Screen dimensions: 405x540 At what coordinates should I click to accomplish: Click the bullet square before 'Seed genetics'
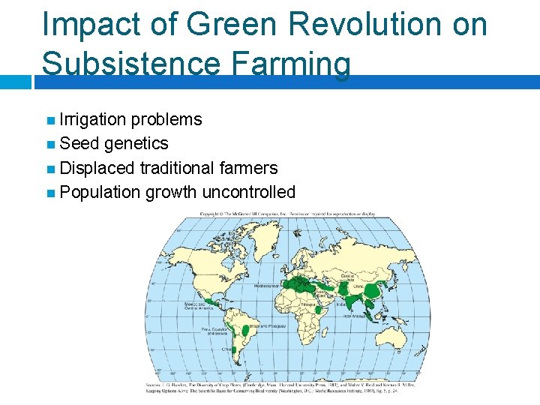pyautogui.click(x=50, y=144)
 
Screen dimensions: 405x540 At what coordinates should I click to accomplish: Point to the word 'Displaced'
pyautogui.click(x=97, y=168)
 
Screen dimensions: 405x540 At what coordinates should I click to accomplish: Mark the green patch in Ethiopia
pyautogui.click(x=319, y=308)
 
